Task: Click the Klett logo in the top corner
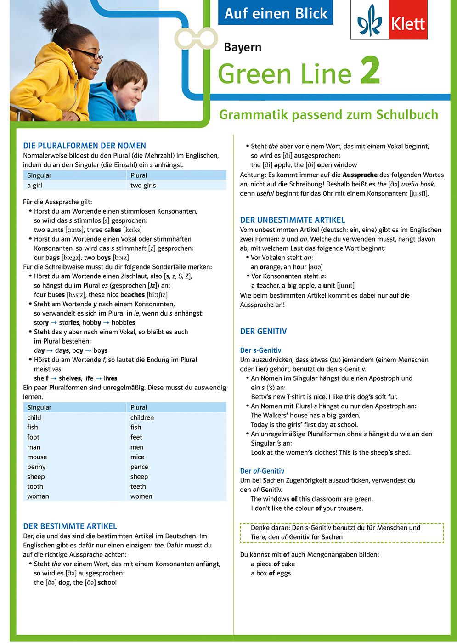[x=393, y=22]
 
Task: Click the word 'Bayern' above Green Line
[x=243, y=47]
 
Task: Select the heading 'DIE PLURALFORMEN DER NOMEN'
[x=85, y=146]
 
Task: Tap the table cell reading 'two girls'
[x=143, y=186]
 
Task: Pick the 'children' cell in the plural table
[x=142, y=417]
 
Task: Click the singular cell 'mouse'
[x=37, y=457]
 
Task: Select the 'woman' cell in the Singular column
[x=38, y=496]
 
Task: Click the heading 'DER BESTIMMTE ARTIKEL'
[x=70, y=526]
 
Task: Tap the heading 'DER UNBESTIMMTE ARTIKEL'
[x=293, y=220]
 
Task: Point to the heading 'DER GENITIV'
[x=263, y=331]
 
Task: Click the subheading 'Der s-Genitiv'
[x=260, y=350]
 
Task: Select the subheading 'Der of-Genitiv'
[x=262, y=471]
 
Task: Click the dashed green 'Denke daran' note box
[x=342, y=532]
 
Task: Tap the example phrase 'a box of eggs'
[x=271, y=573]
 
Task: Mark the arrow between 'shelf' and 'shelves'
[x=54, y=378]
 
